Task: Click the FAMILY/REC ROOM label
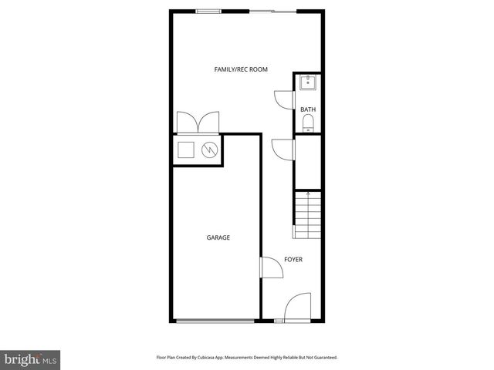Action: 241,69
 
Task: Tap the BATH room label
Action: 308,109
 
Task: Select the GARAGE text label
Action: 218,238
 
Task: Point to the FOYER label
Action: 293,259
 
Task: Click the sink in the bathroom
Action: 308,82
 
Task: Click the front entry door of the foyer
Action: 300,308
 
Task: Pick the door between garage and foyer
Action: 271,267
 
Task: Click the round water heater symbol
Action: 209,150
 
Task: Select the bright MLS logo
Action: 30,359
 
